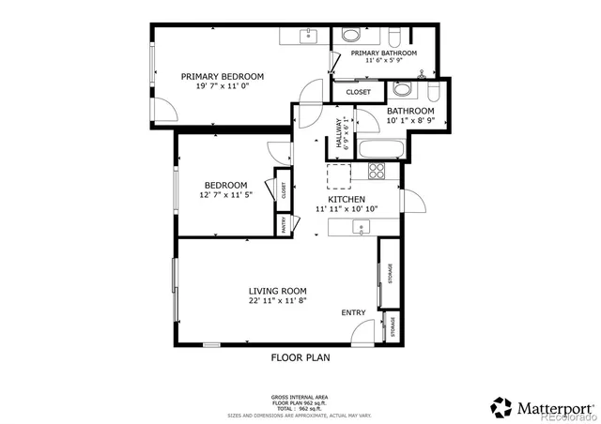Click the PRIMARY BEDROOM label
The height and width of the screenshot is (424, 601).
[x=223, y=76]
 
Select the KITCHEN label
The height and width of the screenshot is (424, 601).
[x=346, y=200]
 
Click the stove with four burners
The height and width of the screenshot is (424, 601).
[x=377, y=170]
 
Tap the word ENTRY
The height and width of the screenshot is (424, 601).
[x=354, y=313]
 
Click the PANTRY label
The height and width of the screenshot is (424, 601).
[x=282, y=224]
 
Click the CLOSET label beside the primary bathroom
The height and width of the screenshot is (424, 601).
[x=358, y=92]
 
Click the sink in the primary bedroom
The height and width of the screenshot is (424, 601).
[x=308, y=35]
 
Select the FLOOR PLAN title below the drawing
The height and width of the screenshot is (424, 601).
[x=300, y=357]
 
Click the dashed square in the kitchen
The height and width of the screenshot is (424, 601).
[x=337, y=174]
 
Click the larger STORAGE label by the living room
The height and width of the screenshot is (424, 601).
[x=390, y=273]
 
